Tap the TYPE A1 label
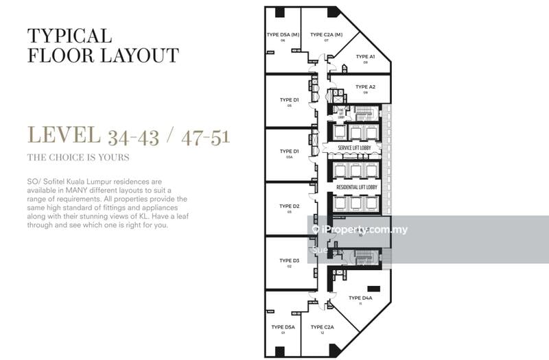coord(366,57)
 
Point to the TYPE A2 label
coord(366,87)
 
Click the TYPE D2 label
coord(290,206)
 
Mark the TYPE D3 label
coord(290,261)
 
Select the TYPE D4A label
coord(360,298)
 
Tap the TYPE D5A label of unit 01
coord(283,328)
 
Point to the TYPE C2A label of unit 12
coord(322,328)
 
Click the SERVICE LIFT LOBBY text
coord(354,147)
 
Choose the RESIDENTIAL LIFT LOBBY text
coord(354,187)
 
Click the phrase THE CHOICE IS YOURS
coord(78,158)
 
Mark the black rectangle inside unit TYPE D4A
coord(374,288)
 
